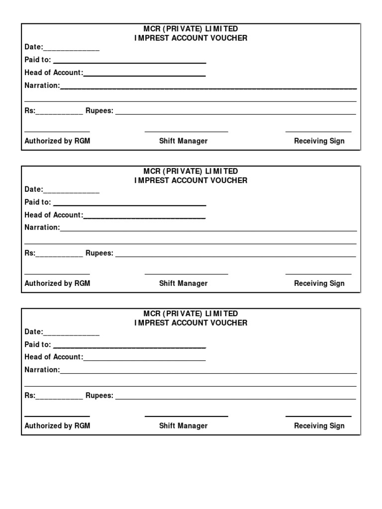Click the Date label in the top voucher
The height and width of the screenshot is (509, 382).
tap(34, 47)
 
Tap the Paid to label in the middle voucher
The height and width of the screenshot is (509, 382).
tap(38, 202)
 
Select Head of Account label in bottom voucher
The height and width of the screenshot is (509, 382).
tap(54, 357)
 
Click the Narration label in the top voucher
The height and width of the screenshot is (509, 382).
tap(42, 85)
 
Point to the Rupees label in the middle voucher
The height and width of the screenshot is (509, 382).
tap(99, 253)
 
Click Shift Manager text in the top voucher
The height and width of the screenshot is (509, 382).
tap(183, 141)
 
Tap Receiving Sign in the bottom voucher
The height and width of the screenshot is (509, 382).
tap(319, 425)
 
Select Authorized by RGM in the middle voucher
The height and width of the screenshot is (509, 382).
tap(57, 283)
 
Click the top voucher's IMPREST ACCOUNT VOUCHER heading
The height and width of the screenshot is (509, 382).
tap(191, 38)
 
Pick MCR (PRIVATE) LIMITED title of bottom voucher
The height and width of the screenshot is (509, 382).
tap(191, 314)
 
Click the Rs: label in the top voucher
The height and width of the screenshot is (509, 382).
tap(30, 111)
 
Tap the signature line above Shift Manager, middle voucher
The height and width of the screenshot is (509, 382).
tap(186, 274)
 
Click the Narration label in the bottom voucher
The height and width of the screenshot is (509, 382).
tap(42, 370)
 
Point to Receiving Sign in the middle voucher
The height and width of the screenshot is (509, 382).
tap(319, 283)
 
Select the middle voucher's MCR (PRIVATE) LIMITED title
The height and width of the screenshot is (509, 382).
tap(191, 171)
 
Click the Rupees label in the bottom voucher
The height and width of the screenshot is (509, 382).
tap(99, 396)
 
